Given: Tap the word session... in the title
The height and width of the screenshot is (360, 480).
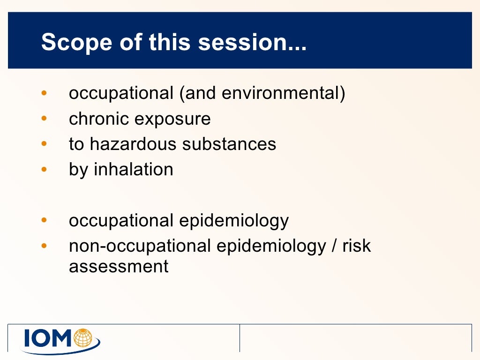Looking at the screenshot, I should tap(253, 43).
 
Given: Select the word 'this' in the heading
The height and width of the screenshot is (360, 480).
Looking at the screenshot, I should tap(170, 43).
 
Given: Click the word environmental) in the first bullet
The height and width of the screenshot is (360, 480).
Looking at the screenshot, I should tap(283, 93).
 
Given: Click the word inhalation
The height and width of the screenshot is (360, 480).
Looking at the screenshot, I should tap(134, 169).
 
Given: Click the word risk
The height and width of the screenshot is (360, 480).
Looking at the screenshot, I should tap(356, 246).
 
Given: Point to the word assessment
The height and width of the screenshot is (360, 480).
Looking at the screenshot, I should tap(119, 267).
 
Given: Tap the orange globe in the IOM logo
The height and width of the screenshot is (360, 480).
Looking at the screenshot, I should tap(84, 336).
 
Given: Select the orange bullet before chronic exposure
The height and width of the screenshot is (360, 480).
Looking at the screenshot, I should tap(44, 119).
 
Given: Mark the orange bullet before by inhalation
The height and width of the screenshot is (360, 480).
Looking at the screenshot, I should tap(44, 170).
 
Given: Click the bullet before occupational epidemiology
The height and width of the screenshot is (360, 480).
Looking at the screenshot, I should tap(44, 220).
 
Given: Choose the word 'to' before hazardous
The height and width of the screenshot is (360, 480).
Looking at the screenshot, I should tap(76, 144).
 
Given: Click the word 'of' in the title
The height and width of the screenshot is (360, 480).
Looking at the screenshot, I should tap(130, 43).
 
